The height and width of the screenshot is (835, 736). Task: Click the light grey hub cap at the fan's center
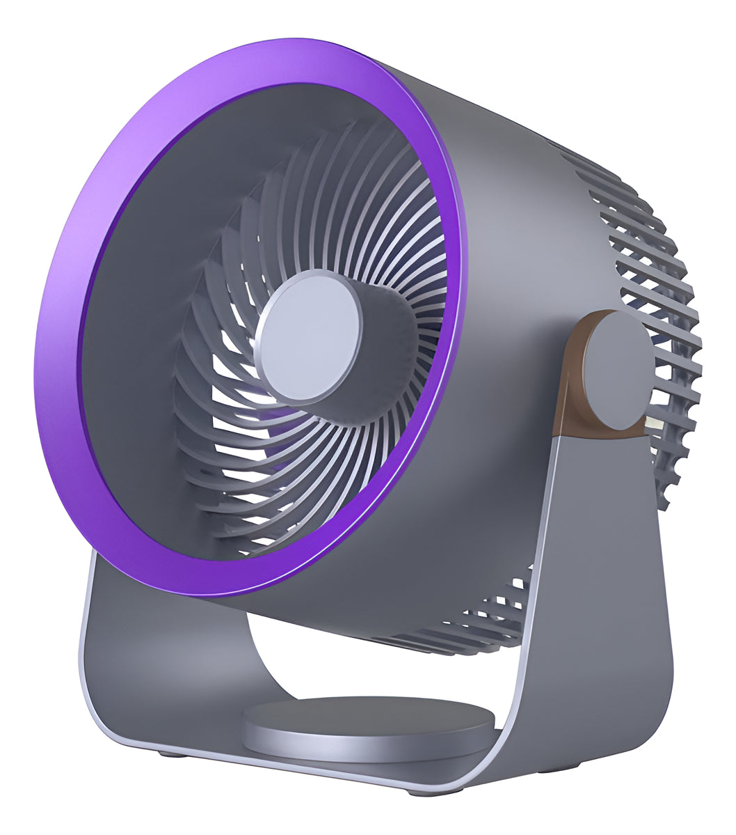point(309,336)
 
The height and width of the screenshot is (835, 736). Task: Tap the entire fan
point(369,418)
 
